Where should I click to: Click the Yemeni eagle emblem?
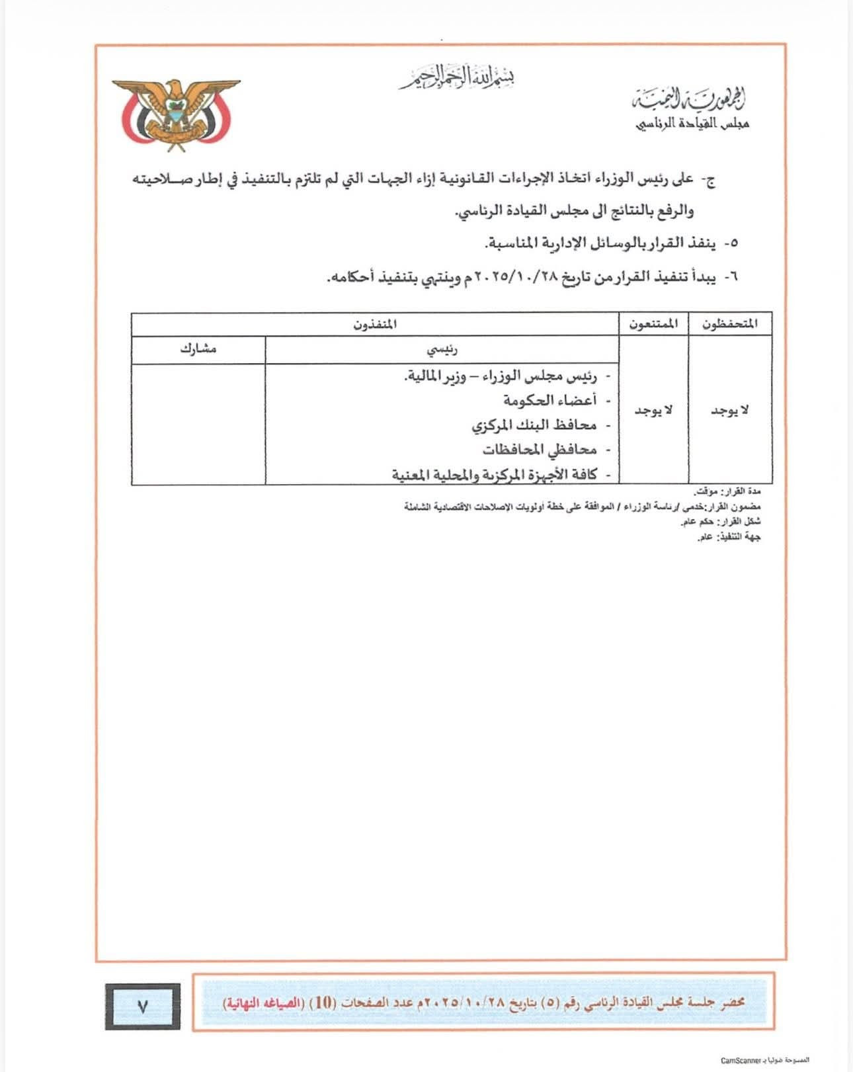click(x=175, y=112)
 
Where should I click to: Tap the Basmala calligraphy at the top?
click(x=456, y=77)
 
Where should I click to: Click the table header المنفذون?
click(x=375, y=324)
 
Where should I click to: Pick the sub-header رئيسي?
click(x=442, y=349)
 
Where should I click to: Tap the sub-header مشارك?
click(x=198, y=349)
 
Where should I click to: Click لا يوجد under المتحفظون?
click(x=730, y=411)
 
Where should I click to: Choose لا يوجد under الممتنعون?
click(x=654, y=411)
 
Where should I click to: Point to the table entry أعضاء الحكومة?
click(x=549, y=400)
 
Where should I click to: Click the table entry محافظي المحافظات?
click(x=539, y=450)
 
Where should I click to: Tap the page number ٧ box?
click(x=142, y=1006)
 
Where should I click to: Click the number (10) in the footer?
click(x=323, y=1001)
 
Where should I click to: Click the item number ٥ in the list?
click(x=731, y=243)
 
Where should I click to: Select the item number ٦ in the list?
click(x=731, y=278)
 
